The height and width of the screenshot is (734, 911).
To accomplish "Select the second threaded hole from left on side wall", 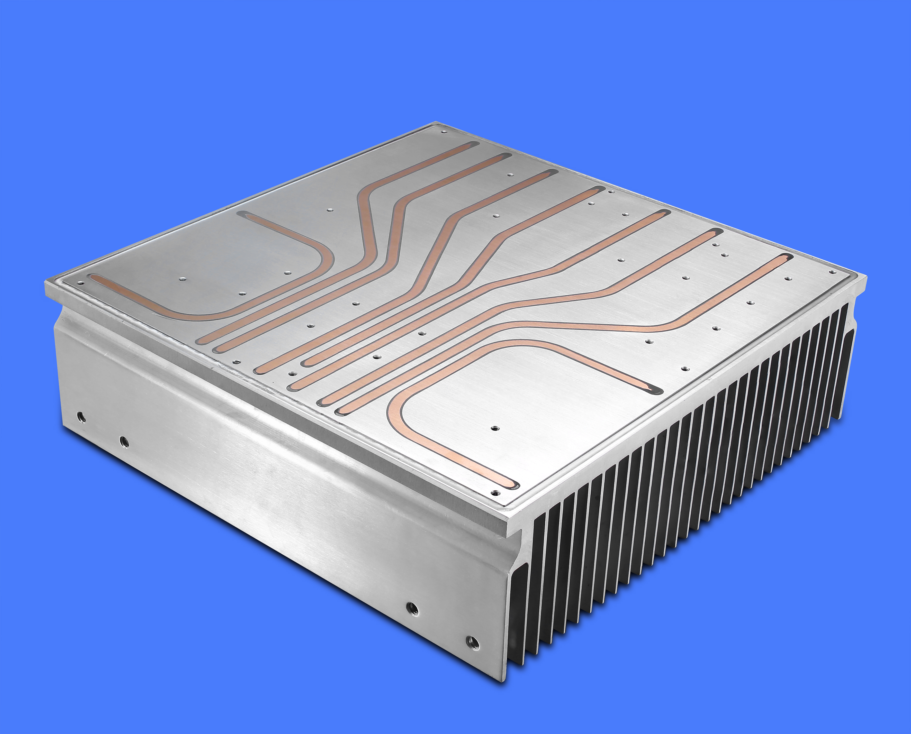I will coord(124,442).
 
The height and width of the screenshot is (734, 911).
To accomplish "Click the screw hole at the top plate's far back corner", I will coord(444,132).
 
